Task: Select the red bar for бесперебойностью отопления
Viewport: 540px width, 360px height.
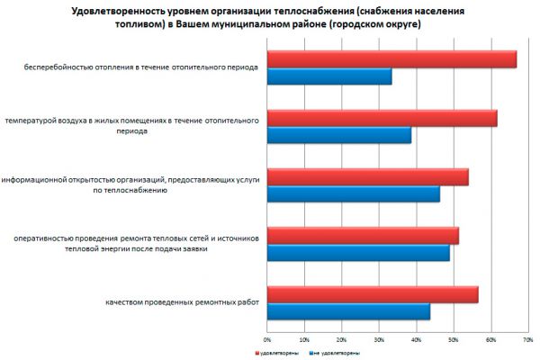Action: click(391, 59)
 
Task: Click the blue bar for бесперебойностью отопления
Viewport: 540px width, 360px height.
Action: click(329, 76)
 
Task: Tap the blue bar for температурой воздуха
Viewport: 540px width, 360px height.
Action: click(339, 135)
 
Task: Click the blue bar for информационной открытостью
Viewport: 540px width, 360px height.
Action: click(354, 193)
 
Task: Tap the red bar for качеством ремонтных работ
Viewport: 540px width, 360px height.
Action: click(373, 294)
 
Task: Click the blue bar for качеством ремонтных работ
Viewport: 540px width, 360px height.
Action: click(348, 311)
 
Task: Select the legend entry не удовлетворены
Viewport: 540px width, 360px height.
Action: click(335, 353)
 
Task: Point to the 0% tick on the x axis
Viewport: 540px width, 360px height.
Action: click(266, 340)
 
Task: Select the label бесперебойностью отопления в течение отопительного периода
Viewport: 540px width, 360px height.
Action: click(142, 67)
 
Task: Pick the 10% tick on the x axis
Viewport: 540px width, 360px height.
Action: click(304, 340)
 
